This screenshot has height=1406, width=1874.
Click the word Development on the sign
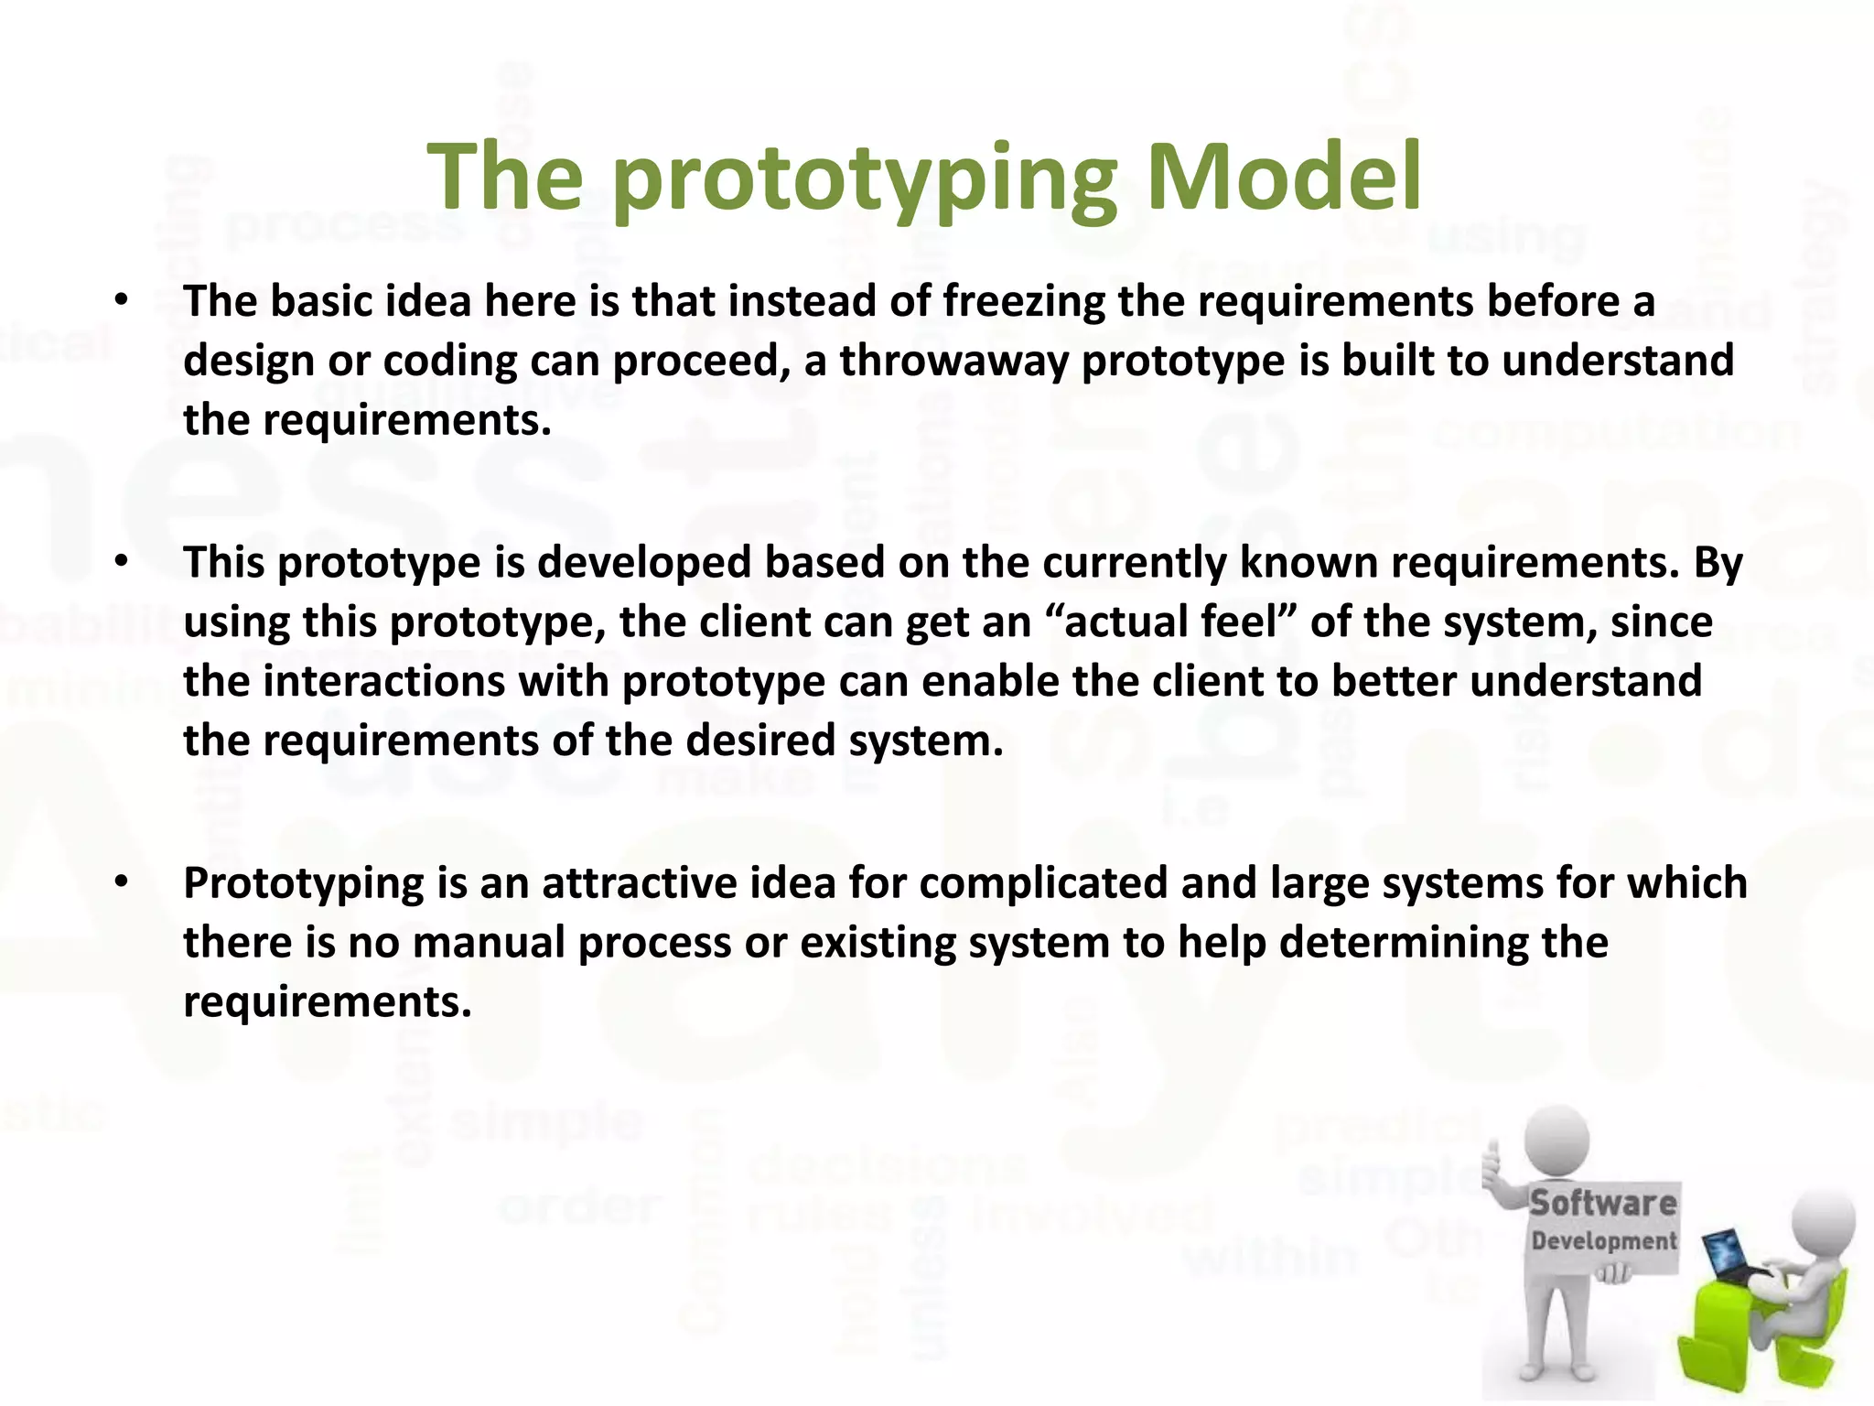[x=1604, y=1241]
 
